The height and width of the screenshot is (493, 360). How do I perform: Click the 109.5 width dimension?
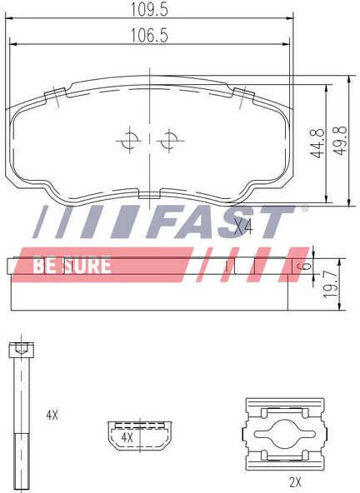click(149, 10)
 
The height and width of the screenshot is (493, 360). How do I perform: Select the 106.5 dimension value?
click(149, 36)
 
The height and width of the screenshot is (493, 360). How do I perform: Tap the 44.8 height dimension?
click(317, 143)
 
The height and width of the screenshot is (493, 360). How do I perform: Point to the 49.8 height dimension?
click(340, 141)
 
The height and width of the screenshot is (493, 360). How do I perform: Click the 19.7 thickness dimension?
click(331, 285)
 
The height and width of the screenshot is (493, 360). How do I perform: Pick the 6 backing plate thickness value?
click(304, 266)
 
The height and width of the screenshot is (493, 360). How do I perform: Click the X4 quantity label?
click(243, 227)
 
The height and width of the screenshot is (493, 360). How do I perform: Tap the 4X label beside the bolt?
click(52, 416)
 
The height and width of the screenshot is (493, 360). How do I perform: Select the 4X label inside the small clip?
click(127, 437)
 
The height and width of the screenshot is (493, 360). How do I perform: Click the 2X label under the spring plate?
click(295, 481)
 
